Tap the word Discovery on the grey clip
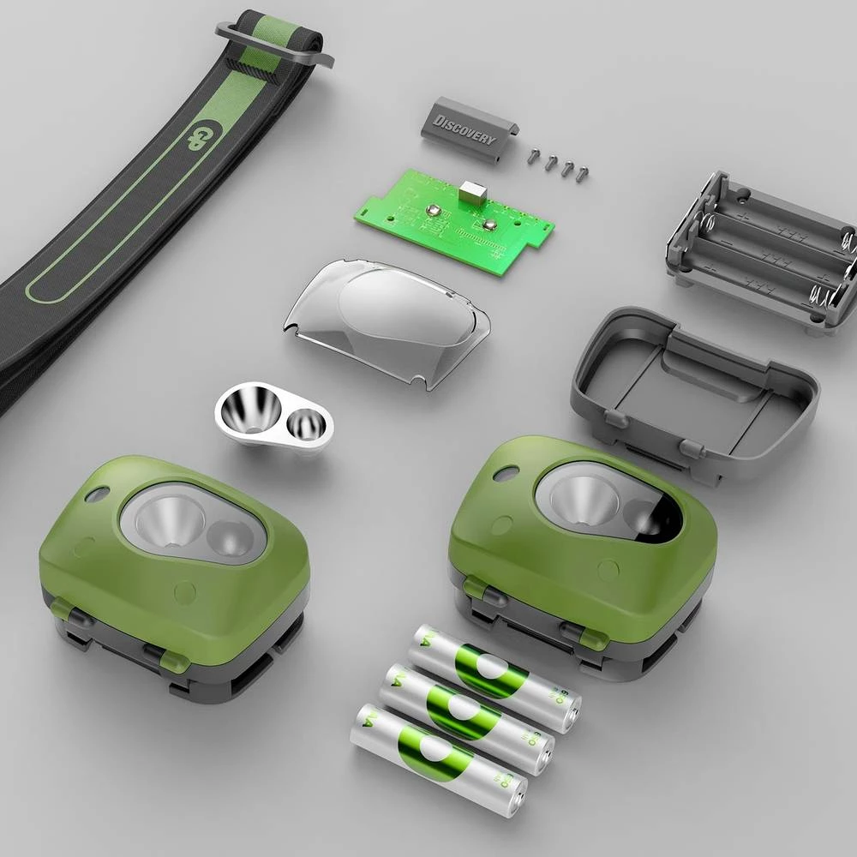tap(464, 128)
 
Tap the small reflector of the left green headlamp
tap(229, 540)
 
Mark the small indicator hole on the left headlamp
tap(95, 495)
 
